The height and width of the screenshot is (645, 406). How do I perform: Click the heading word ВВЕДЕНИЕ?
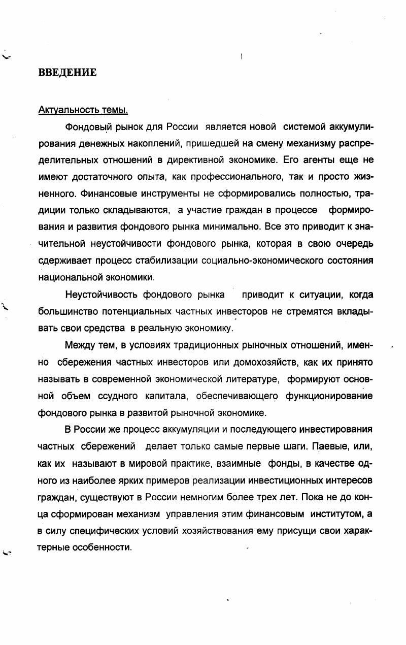67,73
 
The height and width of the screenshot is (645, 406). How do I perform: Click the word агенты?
320,159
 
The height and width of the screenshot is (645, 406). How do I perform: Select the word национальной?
65,278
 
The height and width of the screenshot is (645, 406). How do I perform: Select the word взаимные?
240,464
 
